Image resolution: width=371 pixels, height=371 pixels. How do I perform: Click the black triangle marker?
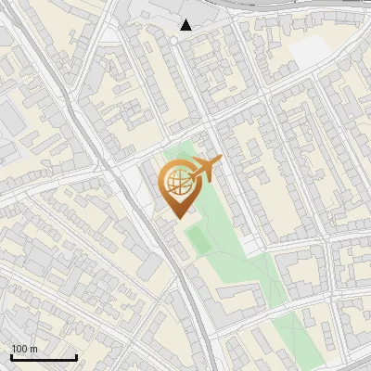pos(186,25)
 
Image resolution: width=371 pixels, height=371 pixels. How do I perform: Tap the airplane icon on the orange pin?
pos(206,169)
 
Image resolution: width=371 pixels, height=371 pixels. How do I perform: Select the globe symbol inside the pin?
pos(176,181)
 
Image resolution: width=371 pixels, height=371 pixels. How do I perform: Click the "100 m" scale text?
pos(24,349)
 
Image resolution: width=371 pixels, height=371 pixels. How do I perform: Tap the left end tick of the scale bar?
pos(11,355)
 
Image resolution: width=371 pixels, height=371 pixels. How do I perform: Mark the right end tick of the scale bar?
pos(76,355)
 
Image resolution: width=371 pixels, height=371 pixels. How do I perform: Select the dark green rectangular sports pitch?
pos(198,241)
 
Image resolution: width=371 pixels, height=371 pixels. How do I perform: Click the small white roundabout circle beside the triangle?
pos(173,41)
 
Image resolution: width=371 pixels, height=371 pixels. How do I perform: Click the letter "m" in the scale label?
pos(33,349)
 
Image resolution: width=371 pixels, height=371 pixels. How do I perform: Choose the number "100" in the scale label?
pos(19,349)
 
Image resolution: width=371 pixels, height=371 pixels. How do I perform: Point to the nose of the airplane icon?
pos(221,161)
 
